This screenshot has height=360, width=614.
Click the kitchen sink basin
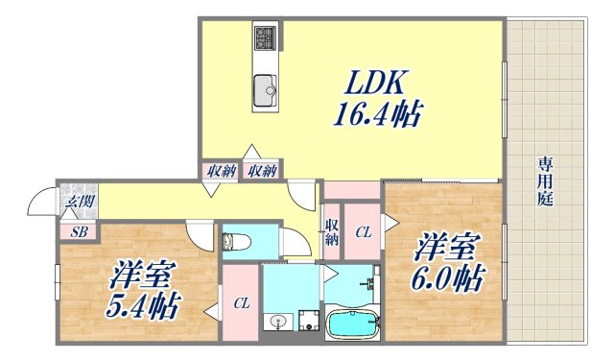(x=264, y=92)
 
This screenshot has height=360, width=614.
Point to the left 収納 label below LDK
(x=221, y=172)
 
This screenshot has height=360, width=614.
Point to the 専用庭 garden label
(x=544, y=181)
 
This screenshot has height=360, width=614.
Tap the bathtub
(x=353, y=322)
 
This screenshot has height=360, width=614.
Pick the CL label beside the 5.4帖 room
(x=242, y=304)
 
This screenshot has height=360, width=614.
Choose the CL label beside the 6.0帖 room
(x=364, y=231)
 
